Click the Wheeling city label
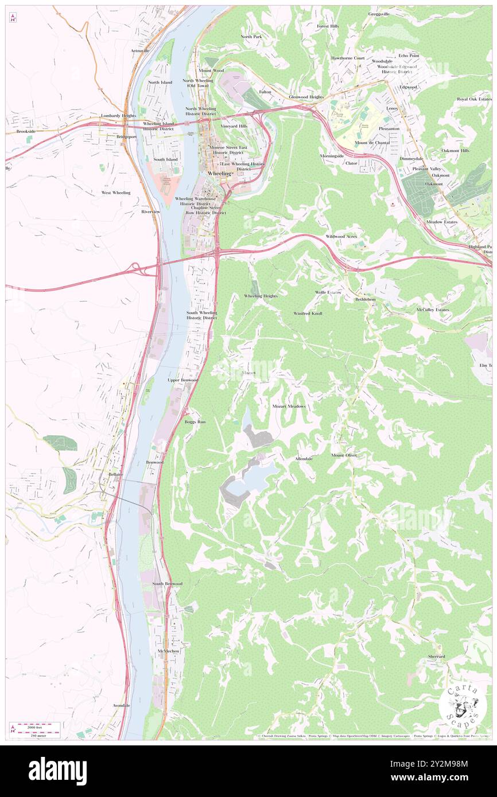point(219,173)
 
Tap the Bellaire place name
point(116,474)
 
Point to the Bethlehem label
point(365,299)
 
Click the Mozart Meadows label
point(289,406)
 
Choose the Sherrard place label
point(436,657)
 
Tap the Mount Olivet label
point(344,455)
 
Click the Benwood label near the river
point(154,462)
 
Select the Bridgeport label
point(126,137)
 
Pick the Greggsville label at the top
point(379,14)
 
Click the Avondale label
point(122,705)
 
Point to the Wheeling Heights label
point(261,296)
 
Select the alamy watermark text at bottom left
point(57,771)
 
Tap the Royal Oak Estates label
point(473,99)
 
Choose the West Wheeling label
point(116,193)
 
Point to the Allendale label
point(304,459)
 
